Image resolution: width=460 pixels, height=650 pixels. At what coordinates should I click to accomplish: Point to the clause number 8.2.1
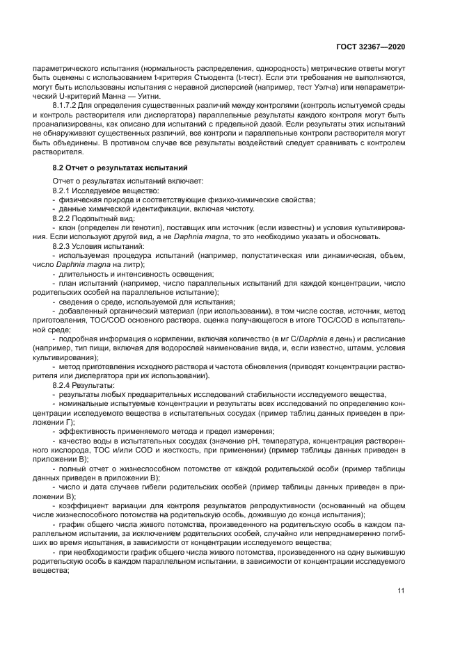tap(63, 190)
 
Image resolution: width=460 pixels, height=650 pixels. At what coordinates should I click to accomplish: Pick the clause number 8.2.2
tap(63, 218)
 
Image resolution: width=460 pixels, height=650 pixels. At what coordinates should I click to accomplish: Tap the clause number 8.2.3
tap(63, 246)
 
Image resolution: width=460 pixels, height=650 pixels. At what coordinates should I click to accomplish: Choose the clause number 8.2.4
tap(63, 384)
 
